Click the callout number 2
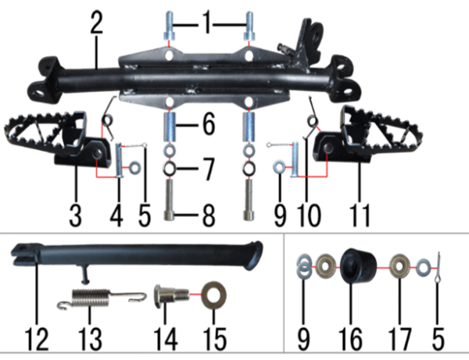pos(96,23)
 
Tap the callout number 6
pos(209,124)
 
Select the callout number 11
pos(360,215)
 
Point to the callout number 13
pos(90,339)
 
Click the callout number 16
pos(350,339)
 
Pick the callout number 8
pos(209,215)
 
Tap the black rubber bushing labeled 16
pos(358,265)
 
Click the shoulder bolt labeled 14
pos(171,295)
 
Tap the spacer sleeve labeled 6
pos(170,126)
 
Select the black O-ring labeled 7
pos(170,169)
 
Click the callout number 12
pos(37,339)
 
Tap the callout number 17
pos(399,339)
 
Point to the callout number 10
pos(309,215)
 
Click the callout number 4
pos(116,215)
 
